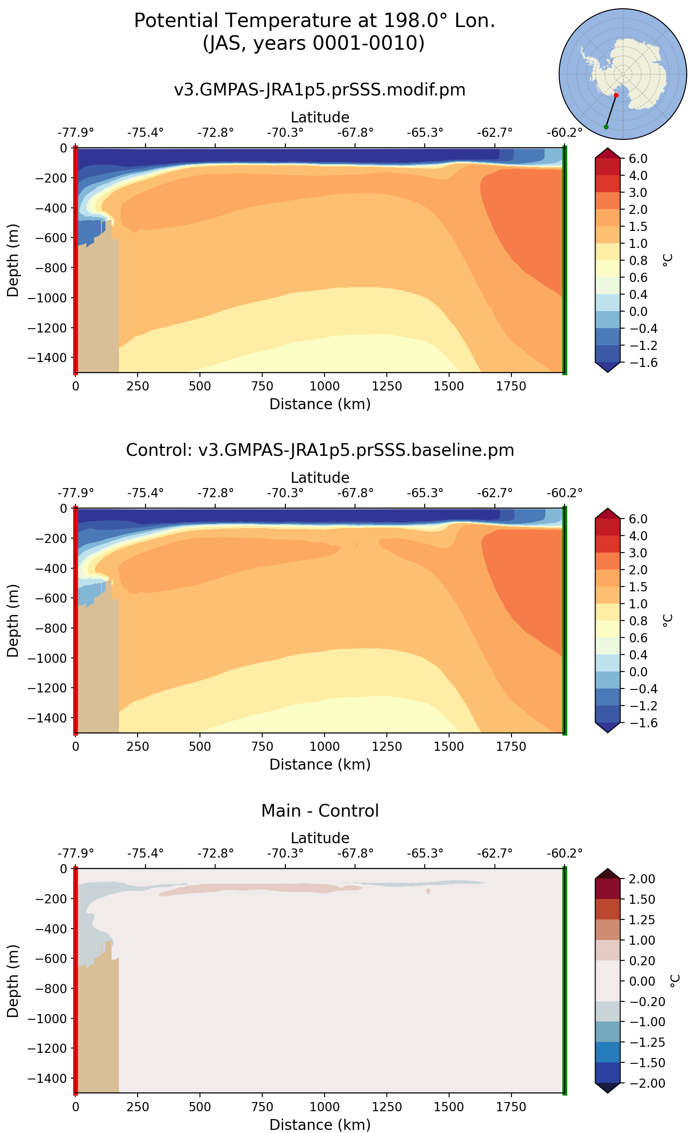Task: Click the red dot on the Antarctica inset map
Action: point(616,95)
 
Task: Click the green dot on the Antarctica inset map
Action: point(606,127)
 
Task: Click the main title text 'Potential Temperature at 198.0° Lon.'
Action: point(315,21)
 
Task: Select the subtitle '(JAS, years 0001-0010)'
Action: point(314,43)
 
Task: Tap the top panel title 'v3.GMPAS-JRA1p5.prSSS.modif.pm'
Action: point(319,89)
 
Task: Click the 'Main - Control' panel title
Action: point(319,810)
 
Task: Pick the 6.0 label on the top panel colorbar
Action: point(638,159)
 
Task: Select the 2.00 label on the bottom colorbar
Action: point(642,879)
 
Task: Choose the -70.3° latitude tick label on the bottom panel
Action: point(285,853)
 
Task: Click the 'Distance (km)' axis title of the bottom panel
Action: point(319,1124)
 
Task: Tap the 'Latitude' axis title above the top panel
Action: point(319,117)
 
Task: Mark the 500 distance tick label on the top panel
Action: point(200,386)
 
